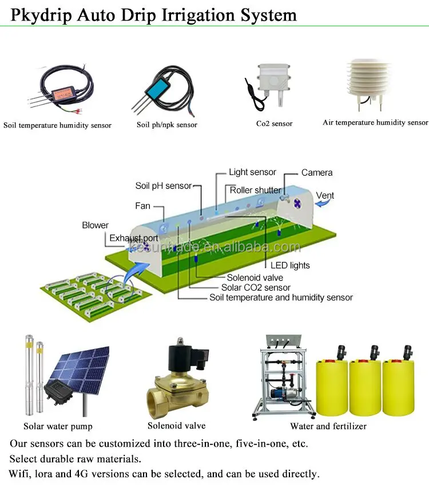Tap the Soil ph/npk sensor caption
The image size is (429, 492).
tap(167, 125)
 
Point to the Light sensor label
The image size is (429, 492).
tap(252, 172)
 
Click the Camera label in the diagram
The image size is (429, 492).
tap(317, 173)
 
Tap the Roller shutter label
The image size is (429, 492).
tap(256, 190)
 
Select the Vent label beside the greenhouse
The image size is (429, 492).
tap(325, 196)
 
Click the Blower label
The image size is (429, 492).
tap(95, 225)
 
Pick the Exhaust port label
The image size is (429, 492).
tap(134, 238)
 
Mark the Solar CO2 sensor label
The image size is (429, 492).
tap(256, 288)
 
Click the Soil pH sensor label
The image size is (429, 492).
tap(163, 186)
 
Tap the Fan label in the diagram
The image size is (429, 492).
tap(142, 205)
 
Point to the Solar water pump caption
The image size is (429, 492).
tap(58, 426)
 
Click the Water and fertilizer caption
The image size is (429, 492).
tap(328, 426)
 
